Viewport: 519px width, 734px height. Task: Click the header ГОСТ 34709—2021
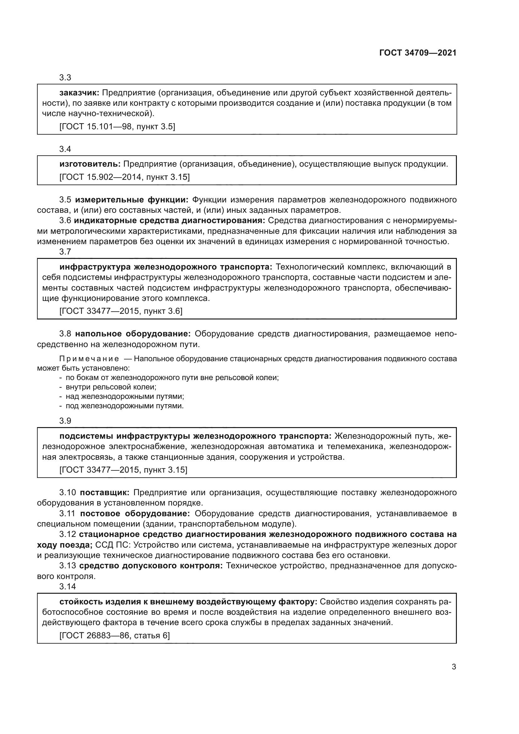pyautogui.click(x=418, y=53)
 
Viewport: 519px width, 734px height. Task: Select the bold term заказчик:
pyautogui.click(x=80, y=93)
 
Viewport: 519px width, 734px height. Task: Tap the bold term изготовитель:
pyautogui.click(x=90, y=164)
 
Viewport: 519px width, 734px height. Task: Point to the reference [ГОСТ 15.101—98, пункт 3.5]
pyautogui.click(x=117, y=126)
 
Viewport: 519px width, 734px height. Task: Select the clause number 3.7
pyautogui.click(x=65, y=252)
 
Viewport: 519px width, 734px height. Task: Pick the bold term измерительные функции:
pyautogui.click(x=132, y=200)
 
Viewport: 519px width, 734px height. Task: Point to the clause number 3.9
pyautogui.click(x=65, y=421)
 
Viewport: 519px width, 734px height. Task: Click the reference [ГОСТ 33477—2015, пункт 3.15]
pyautogui.click(x=123, y=470)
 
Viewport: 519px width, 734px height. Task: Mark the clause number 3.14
pyautogui.click(x=67, y=586)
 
